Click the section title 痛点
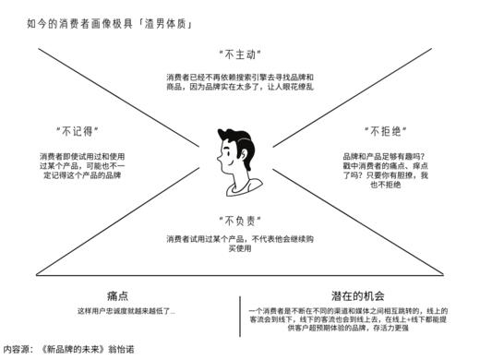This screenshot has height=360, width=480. coord(117,295)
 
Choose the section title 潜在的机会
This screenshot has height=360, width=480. coord(356,295)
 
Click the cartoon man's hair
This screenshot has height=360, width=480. coord(238,138)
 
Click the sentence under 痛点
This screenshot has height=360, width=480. coord(126,311)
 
